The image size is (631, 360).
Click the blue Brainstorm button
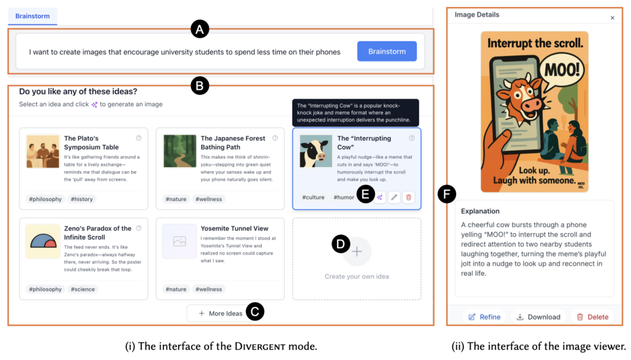click(x=387, y=51)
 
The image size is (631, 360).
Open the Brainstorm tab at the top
click(x=33, y=16)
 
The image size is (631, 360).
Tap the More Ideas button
click(x=221, y=313)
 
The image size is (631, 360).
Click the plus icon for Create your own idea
click(x=357, y=252)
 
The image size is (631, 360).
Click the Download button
click(x=539, y=317)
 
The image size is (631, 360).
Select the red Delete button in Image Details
click(x=592, y=317)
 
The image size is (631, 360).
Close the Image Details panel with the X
click(x=612, y=18)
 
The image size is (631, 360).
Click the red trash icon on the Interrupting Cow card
click(x=409, y=197)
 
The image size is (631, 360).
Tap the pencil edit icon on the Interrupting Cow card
click(x=394, y=197)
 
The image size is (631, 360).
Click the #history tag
click(x=82, y=199)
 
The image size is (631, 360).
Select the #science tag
click(x=83, y=289)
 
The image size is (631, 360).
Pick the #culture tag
click(x=313, y=197)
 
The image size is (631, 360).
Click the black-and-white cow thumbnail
click(x=316, y=151)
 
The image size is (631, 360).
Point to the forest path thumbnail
click(x=179, y=151)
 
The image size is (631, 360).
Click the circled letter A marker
click(x=200, y=29)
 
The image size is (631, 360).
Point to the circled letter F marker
click(x=447, y=194)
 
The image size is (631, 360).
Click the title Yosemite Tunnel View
click(x=234, y=228)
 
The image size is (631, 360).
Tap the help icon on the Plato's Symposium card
click(x=139, y=138)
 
